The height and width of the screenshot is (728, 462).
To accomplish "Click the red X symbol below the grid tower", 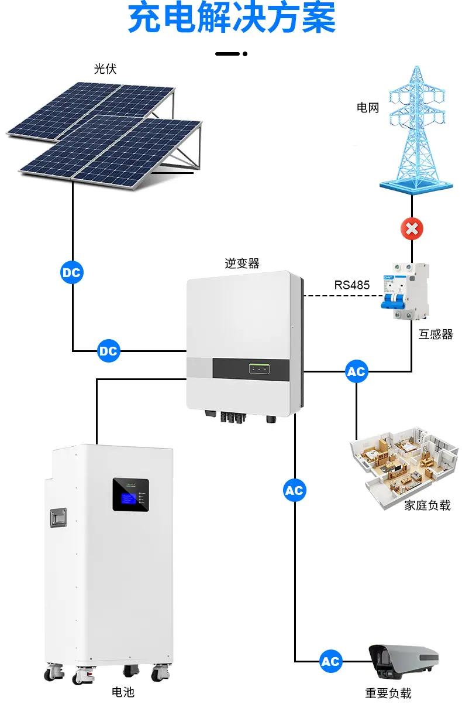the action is (x=412, y=229).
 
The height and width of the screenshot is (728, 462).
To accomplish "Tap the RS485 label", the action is (x=351, y=285).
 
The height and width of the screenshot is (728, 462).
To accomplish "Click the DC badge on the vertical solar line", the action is (x=72, y=272).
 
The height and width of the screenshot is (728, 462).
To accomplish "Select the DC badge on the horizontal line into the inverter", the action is (x=109, y=351).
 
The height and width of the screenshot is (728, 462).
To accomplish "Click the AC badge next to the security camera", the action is (x=330, y=661).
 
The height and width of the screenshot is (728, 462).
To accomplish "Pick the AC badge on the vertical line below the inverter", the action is (x=295, y=490).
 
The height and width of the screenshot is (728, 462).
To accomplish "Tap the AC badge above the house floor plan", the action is (x=357, y=371).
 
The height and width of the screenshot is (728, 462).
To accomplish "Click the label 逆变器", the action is (x=242, y=263).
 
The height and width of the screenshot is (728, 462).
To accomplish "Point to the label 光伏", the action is (x=105, y=69).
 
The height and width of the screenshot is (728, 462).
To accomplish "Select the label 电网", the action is (x=368, y=108).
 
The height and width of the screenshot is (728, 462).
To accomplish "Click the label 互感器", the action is (x=436, y=334).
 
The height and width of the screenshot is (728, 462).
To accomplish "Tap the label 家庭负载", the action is (x=427, y=505).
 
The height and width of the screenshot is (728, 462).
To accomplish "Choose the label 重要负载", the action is (x=388, y=693).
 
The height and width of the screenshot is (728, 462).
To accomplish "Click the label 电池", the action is (x=123, y=692).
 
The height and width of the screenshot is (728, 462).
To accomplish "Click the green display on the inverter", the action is (x=259, y=369).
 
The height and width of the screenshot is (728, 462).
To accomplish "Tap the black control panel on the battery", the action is (x=131, y=495).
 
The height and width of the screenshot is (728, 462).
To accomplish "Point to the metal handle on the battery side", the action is (x=58, y=517).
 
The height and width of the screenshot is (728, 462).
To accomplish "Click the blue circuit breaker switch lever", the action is (x=393, y=301).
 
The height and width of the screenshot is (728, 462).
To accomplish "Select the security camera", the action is (x=404, y=661).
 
